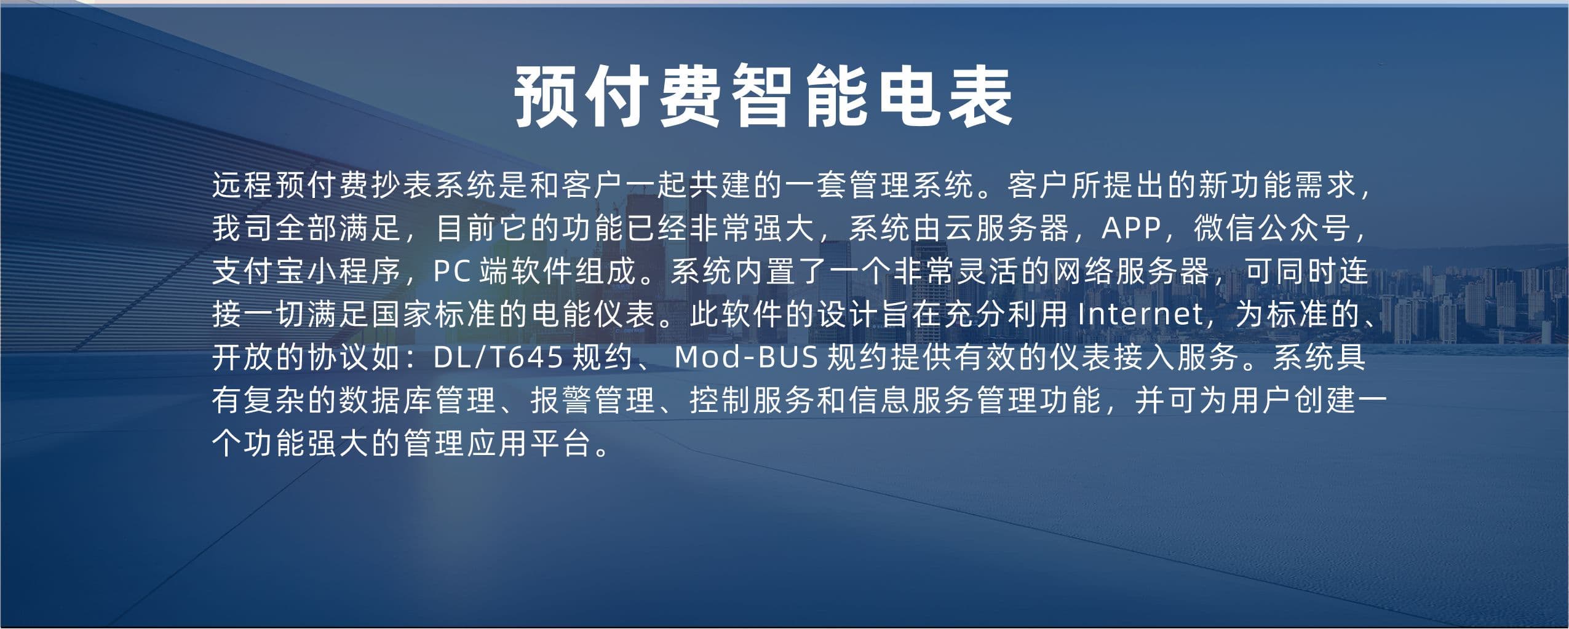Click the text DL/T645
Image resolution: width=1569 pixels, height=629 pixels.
tap(498, 357)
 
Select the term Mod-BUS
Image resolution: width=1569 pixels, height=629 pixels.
tap(747, 357)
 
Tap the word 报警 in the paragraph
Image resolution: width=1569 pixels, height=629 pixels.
tap(562, 400)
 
